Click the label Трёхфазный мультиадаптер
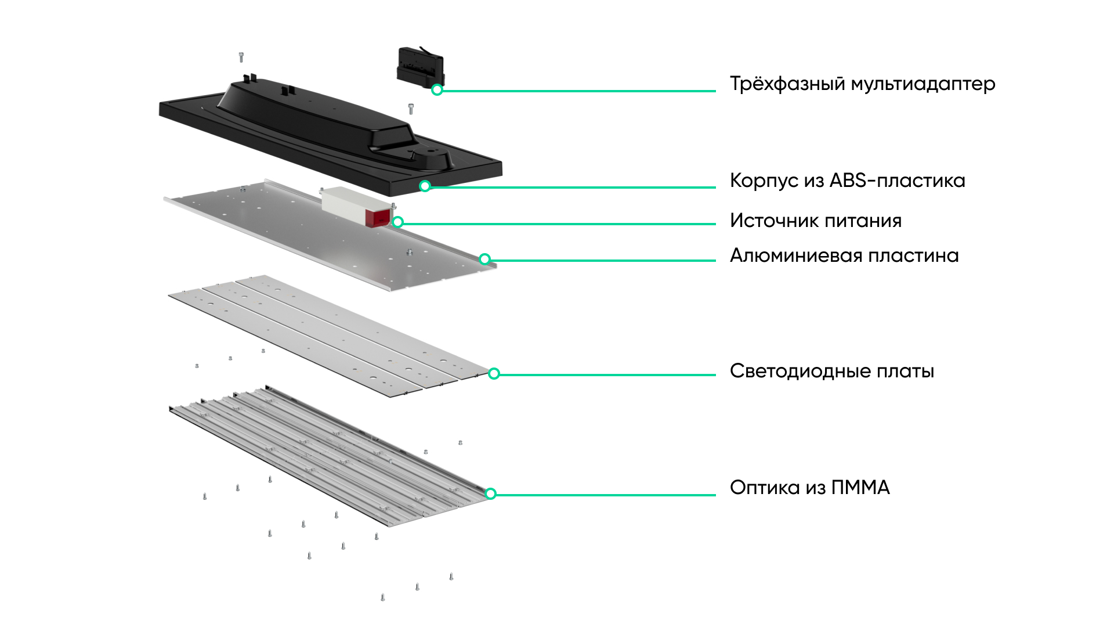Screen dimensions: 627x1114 click(x=862, y=84)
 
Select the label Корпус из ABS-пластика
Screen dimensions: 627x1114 click(x=847, y=181)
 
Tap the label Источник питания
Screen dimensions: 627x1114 click(x=815, y=221)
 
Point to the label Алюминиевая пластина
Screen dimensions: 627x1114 click(x=844, y=255)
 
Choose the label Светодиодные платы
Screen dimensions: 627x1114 click(x=831, y=371)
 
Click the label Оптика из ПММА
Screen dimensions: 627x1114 click(x=809, y=488)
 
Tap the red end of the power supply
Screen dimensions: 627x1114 click(x=378, y=218)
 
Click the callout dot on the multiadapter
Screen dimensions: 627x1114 click(x=437, y=90)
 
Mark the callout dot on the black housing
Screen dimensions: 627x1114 click(x=425, y=186)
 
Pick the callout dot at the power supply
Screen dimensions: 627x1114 click(x=398, y=222)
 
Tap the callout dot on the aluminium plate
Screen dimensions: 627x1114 click(x=485, y=259)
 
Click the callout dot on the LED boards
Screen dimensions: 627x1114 click(x=494, y=373)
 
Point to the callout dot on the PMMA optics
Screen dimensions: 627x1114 click(x=491, y=493)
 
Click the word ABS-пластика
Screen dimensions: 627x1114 click(x=897, y=181)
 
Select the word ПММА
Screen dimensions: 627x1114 click(x=860, y=488)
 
